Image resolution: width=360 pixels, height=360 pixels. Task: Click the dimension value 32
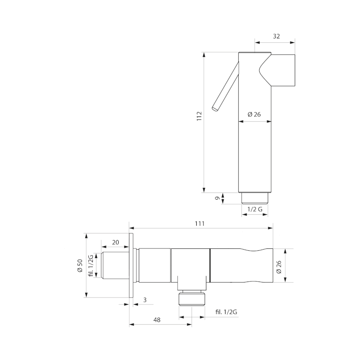coord(276,36)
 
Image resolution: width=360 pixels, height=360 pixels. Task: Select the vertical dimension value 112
coord(199,116)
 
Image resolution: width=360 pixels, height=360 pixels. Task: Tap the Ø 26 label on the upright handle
coord(254,114)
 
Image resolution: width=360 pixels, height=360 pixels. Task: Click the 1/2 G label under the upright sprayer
coord(255,209)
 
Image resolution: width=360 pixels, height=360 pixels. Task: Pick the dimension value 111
coord(200,223)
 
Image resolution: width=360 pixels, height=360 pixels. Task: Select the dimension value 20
coord(116,242)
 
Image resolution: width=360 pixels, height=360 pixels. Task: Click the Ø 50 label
coord(80,266)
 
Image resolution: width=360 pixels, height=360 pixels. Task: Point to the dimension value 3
coord(145,300)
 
